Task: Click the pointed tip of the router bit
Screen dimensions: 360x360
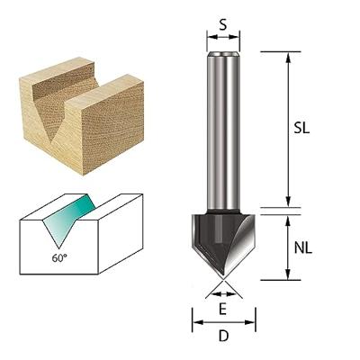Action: point(223,277)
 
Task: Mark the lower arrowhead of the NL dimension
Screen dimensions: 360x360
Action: point(287,274)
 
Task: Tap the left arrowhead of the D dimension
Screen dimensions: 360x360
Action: point(195,319)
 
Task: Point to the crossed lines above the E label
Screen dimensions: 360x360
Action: point(223,289)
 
